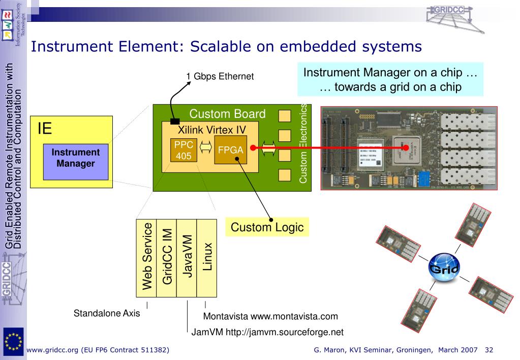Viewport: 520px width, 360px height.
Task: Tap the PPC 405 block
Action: [x=183, y=150]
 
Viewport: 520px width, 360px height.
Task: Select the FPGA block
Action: [x=230, y=150]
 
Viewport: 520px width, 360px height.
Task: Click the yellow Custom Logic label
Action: [x=267, y=227]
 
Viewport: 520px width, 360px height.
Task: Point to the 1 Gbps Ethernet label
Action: [x=220, y=77]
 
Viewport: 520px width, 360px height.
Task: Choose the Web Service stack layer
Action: [x=146, y=257]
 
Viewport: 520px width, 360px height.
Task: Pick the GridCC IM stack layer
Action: [x=166, y=257]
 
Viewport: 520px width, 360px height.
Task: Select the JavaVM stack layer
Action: [x=186, y=257]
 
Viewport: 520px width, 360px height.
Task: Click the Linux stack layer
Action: [x=206, y=257]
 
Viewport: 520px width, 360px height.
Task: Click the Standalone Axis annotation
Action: [x=107, y=313]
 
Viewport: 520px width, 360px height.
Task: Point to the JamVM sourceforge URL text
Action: [x=267, y=332]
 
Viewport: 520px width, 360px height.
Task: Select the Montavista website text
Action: [x=270, y=316]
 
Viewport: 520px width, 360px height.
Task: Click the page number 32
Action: [x=490, y=350]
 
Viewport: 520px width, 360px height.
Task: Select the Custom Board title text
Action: [x=227, y=114]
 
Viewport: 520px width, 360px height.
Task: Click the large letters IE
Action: [x=45, y=128]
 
